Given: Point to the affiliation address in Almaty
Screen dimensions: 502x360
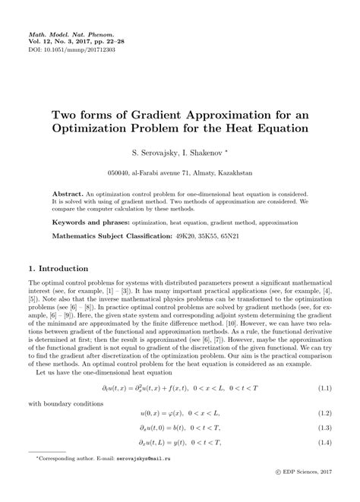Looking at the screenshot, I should pyautogui.click(x=179, y=172).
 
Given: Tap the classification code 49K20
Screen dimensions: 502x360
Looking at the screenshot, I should pyautogui.click(x=186, y=237).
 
